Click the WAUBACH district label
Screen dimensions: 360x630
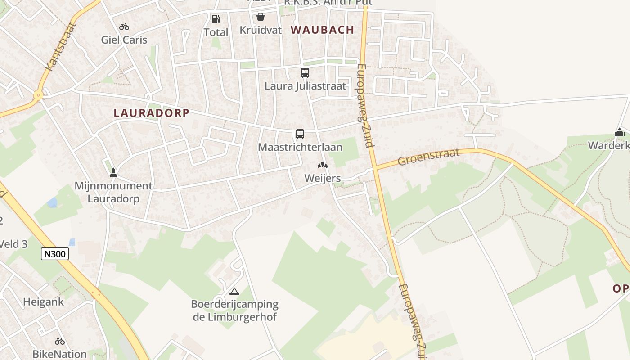[322, 30]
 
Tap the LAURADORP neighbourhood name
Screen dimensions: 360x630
[151, 113]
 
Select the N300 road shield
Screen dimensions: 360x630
[55, 254]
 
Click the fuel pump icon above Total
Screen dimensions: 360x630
[216, 19]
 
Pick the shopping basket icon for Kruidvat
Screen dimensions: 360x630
[260, 17]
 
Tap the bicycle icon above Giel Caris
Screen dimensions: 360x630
[124, 27]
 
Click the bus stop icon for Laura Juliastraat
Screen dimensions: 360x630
[305, 72]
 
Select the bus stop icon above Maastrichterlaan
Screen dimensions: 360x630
[300, 134]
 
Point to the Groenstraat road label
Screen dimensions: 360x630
[429, 157]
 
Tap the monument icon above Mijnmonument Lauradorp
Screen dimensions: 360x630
[113, 172]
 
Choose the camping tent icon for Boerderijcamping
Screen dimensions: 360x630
[234, 291]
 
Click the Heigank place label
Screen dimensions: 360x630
[44, 302]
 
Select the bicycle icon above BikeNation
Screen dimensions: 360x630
[59, 342]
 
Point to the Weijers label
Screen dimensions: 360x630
[323, 178]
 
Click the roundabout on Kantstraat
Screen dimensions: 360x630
[38, 95]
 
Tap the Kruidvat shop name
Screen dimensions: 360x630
[261, 30]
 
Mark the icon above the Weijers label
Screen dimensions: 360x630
[323, 165]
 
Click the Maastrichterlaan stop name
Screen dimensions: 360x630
[300, 147]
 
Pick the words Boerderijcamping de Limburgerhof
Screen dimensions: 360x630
[235, 310]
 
